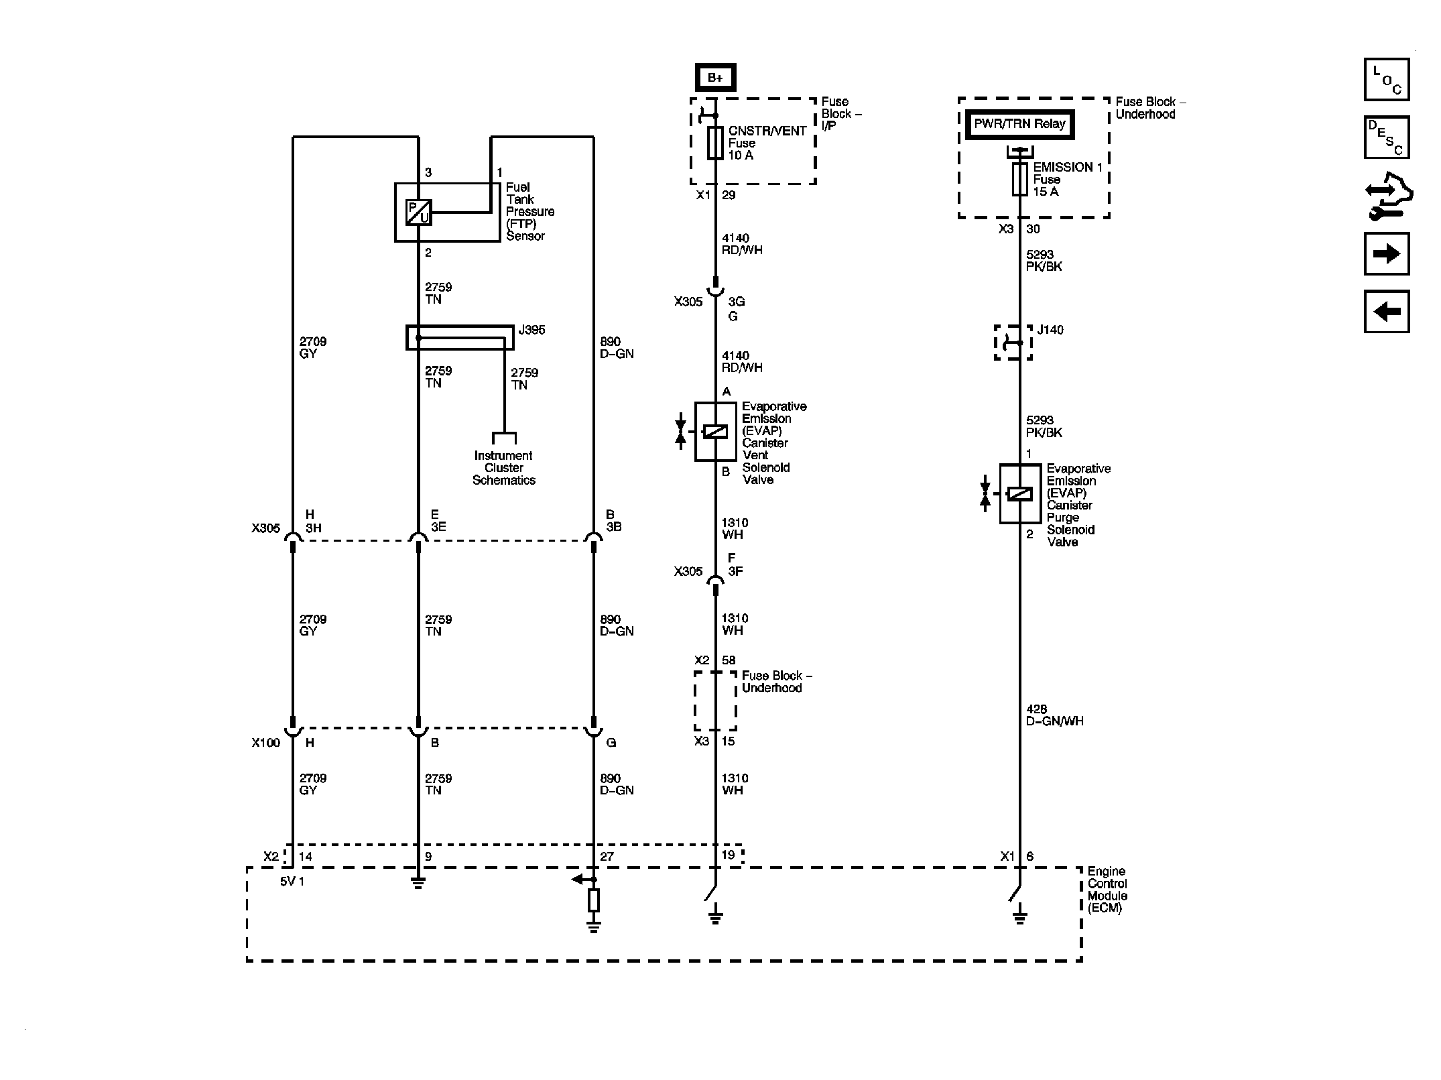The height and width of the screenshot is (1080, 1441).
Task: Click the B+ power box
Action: coord(715,78)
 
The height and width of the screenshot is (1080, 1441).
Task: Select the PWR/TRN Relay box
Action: coord(1019,124)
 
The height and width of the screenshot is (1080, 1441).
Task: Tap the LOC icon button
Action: coord(1386,80)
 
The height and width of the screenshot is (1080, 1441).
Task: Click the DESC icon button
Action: coord(1386,137)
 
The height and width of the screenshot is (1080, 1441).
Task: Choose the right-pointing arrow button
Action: coord(1386,253)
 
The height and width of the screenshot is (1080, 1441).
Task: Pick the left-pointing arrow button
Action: coord(1386,311)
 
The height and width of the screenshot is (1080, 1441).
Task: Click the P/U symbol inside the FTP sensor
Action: coord(418,213)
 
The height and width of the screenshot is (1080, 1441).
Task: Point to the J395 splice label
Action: coord(531,330)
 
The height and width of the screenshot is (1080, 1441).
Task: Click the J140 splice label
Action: coord(1050,330)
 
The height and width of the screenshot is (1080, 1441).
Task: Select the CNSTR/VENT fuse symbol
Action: coord(715,143)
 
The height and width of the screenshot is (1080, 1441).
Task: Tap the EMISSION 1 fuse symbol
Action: coord(1019,180)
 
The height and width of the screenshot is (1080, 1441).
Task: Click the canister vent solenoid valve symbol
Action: coord(715,432)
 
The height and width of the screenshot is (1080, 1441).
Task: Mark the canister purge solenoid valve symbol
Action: coord(1019,494)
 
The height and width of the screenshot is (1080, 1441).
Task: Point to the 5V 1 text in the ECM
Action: coord(292,882)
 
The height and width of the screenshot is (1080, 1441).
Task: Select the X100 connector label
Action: coord(265,743)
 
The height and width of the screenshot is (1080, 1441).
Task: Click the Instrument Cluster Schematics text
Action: coord(503,468)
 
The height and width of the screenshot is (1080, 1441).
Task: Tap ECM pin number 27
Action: coord(606,856)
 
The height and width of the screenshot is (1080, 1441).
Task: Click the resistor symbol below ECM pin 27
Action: coord(593,900)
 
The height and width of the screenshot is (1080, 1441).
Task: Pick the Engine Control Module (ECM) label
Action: coord(1107,890)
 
